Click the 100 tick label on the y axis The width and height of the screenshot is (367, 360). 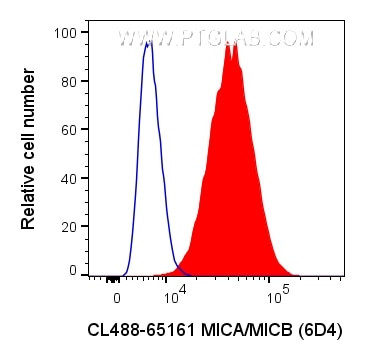[x=63, y=32]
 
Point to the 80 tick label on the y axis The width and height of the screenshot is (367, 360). [x=66, y=80]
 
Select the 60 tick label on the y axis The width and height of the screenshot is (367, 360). [x=66, y=128]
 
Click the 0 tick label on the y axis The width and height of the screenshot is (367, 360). [x=70, y=270]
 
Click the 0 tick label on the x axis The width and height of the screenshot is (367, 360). [x=117, y=297]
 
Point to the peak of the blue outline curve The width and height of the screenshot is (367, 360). [x=148, y=43]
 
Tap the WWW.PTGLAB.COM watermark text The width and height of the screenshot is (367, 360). [x=216, y=40]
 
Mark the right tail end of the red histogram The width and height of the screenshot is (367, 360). [x=297, y=272]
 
